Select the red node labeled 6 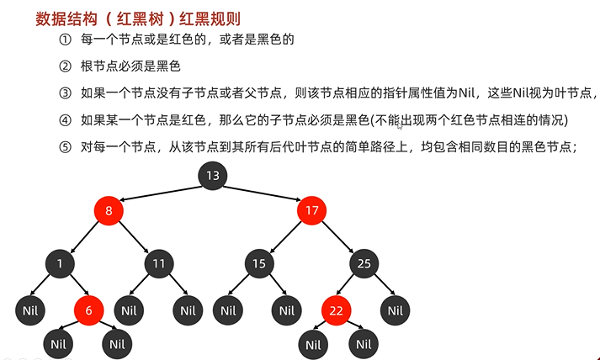tap(88, 310)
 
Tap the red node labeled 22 tap(337, 310)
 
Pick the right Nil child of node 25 tap(395, 310)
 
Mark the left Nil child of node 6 tap(58, 343)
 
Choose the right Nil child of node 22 tap(363, 343)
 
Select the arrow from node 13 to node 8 tap(161, 193)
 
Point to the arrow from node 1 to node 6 tap(75, 288)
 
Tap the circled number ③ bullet tap(66, 93)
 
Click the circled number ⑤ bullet tap(66, 146)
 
